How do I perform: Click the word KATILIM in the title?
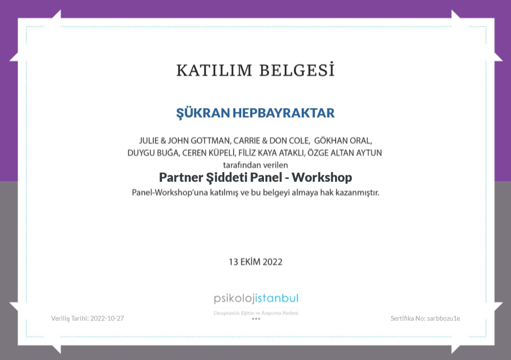(214, 71)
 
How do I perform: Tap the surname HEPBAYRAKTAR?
(283, 113)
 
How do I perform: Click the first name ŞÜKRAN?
(203, 113)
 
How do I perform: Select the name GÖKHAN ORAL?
(343, 140)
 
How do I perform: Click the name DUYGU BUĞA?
(153, 153)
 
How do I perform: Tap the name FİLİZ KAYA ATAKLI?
(272, 152)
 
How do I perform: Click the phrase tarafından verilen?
(255, 165)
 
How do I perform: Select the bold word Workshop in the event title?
(321, 178)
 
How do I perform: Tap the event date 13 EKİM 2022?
(255, 262)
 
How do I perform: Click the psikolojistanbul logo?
(256, 299)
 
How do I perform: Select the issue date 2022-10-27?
(107, 318)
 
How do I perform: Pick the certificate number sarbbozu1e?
(443, 318)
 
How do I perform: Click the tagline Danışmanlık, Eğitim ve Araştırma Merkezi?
(256, 313)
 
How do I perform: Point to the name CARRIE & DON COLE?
(271, 140)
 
